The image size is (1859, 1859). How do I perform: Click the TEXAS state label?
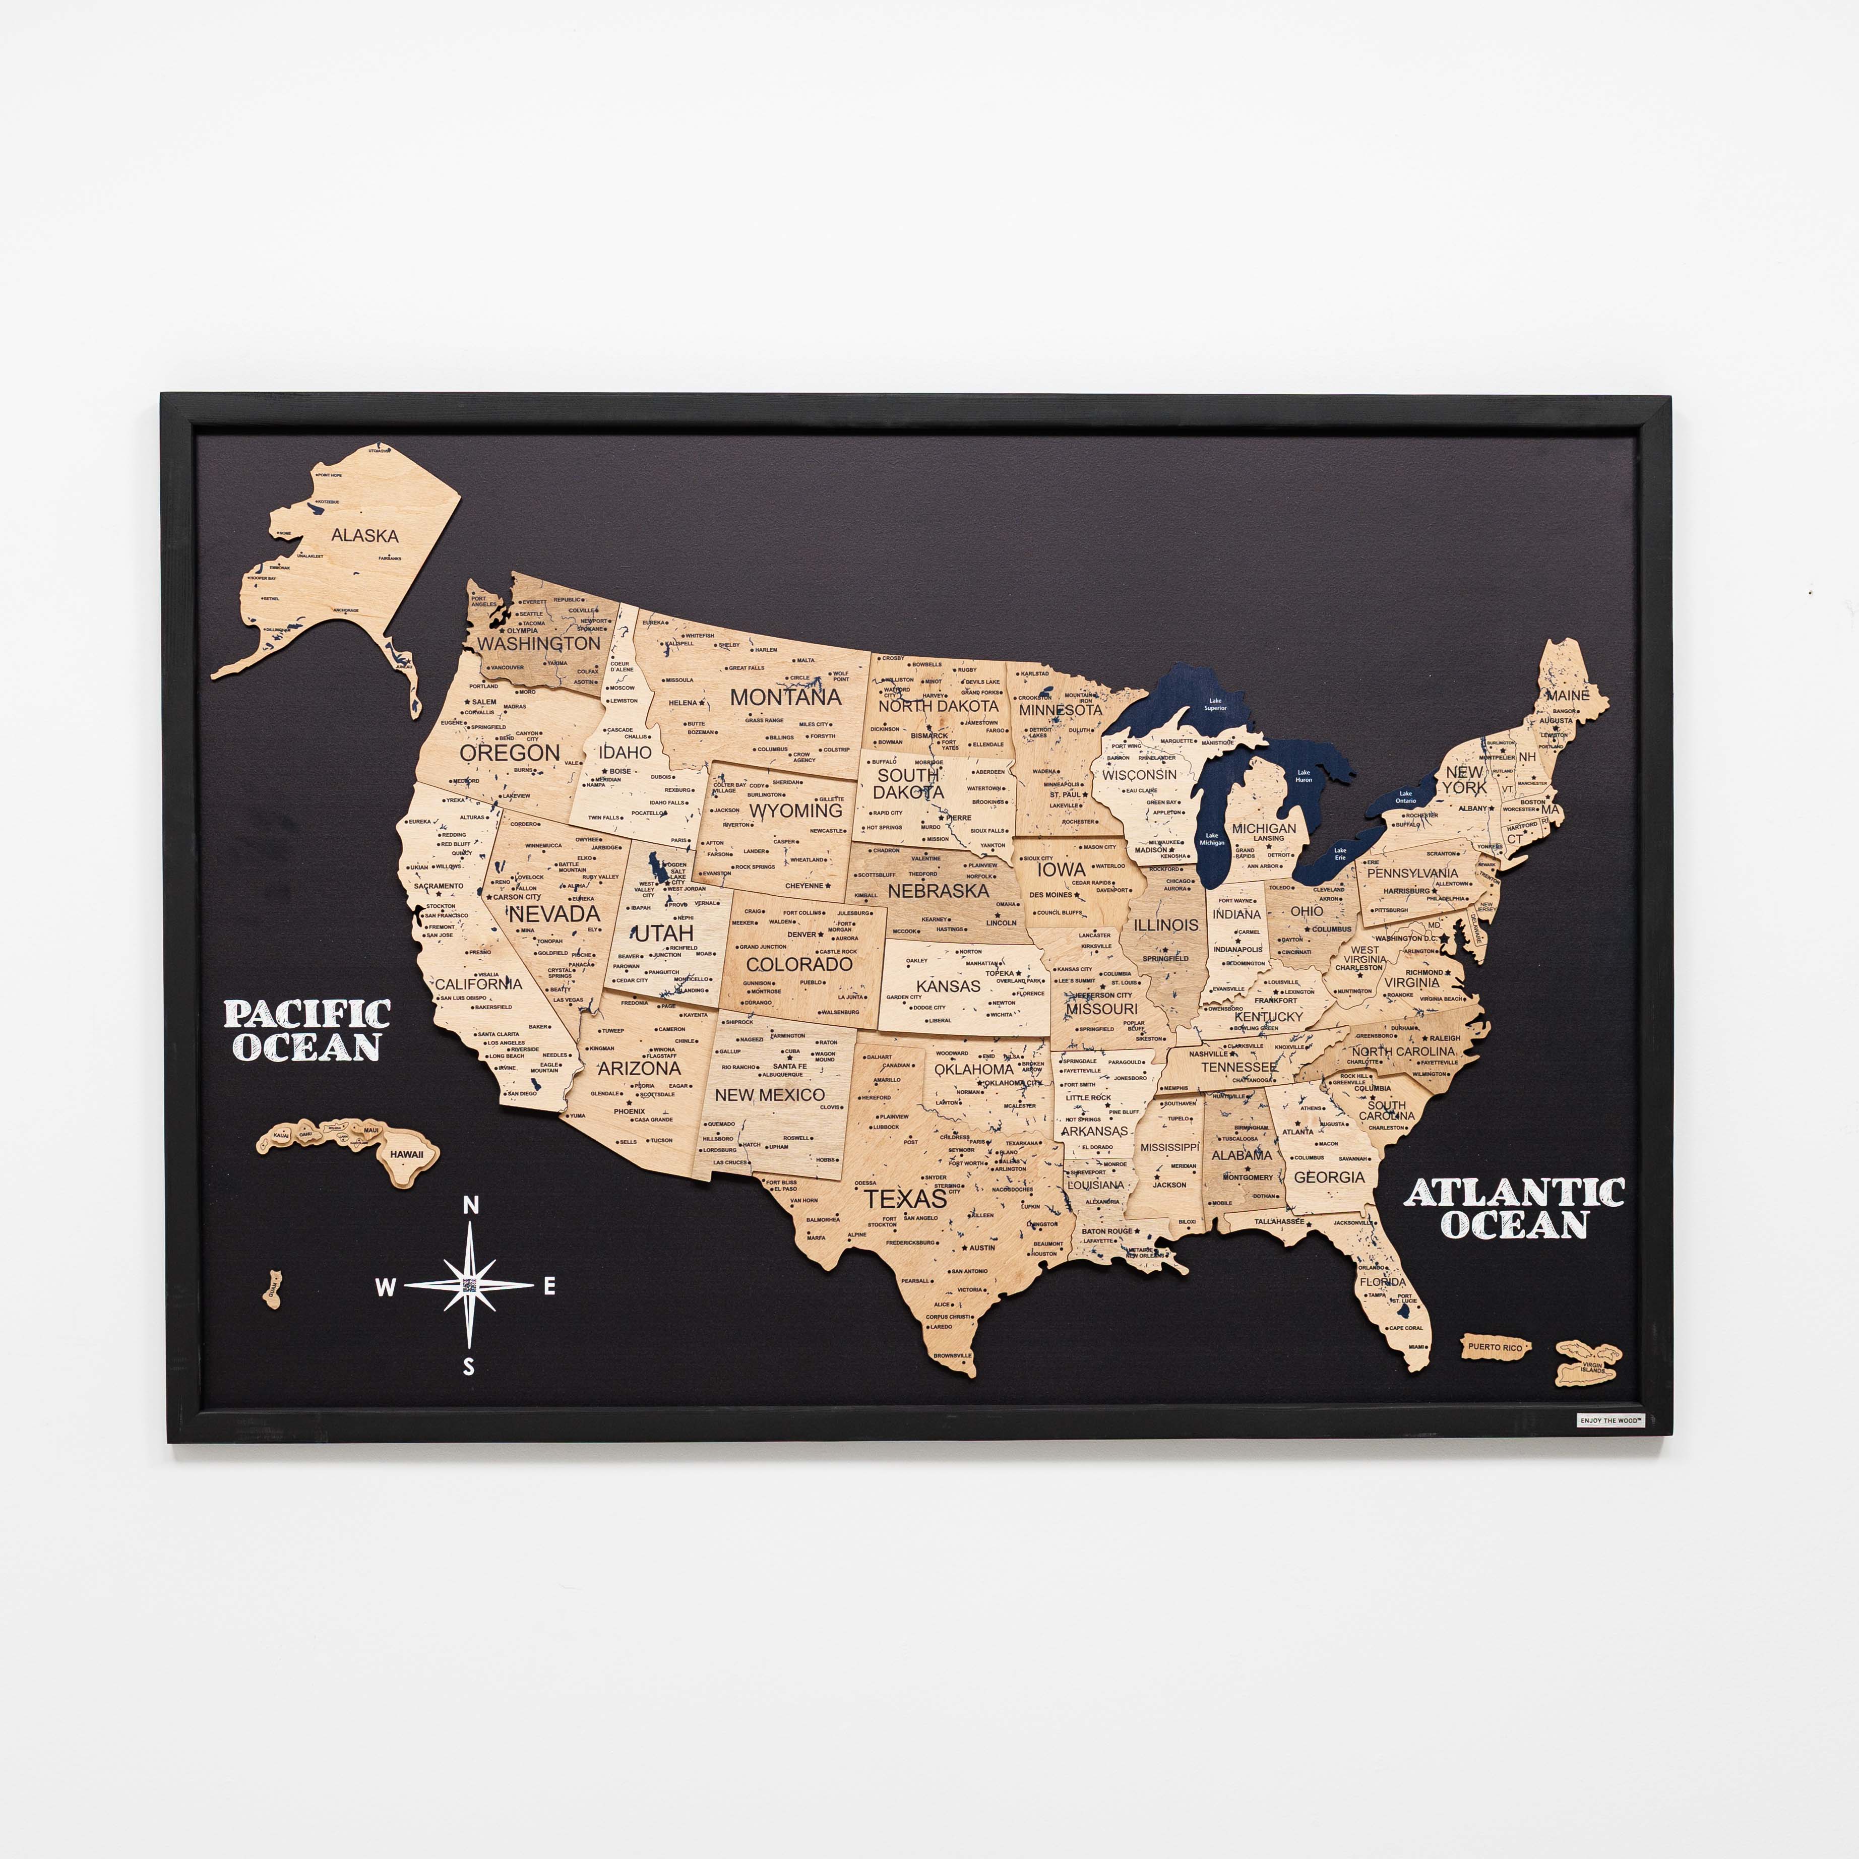pyautogui.click(x=904, y=1199)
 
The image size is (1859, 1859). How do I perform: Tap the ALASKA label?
pyautogui.click(x=364, y=535)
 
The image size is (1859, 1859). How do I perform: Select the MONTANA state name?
pyautogui.click(x=785, y=697)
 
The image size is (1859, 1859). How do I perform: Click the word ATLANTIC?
pyautogui.click(x=1515, y=1193)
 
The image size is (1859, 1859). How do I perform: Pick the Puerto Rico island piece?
pyautogui.click(x=1495, y=1347)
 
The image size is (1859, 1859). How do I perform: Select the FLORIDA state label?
pyautogui.click(x=1383, y=1282)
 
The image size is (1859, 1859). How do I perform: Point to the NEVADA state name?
pyautogui.click(x=554, y=913)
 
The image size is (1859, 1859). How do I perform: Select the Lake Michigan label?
pyautogui.click(x=1211, y=839)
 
